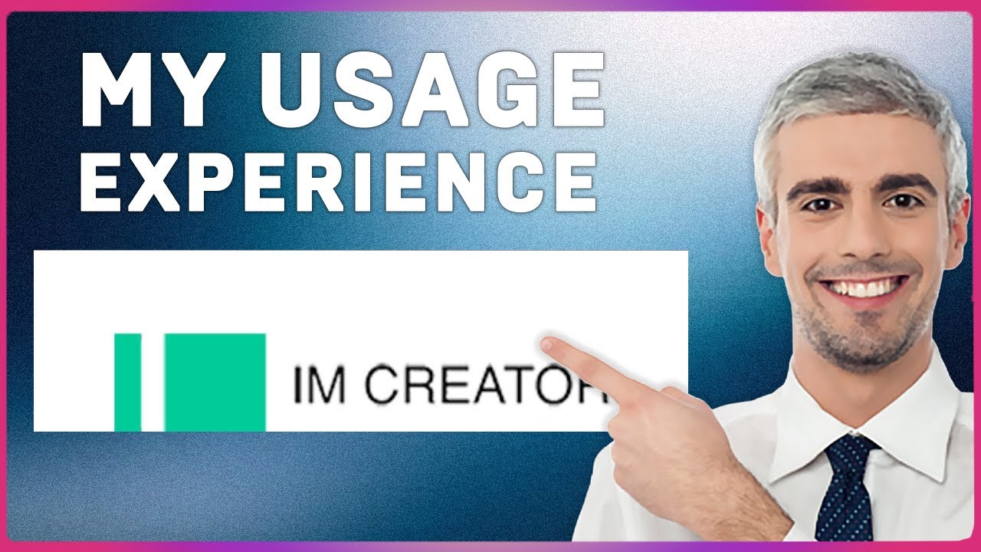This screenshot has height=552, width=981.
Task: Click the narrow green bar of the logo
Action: tap(127, 382)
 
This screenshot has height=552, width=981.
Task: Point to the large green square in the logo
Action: tap(215, 382)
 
